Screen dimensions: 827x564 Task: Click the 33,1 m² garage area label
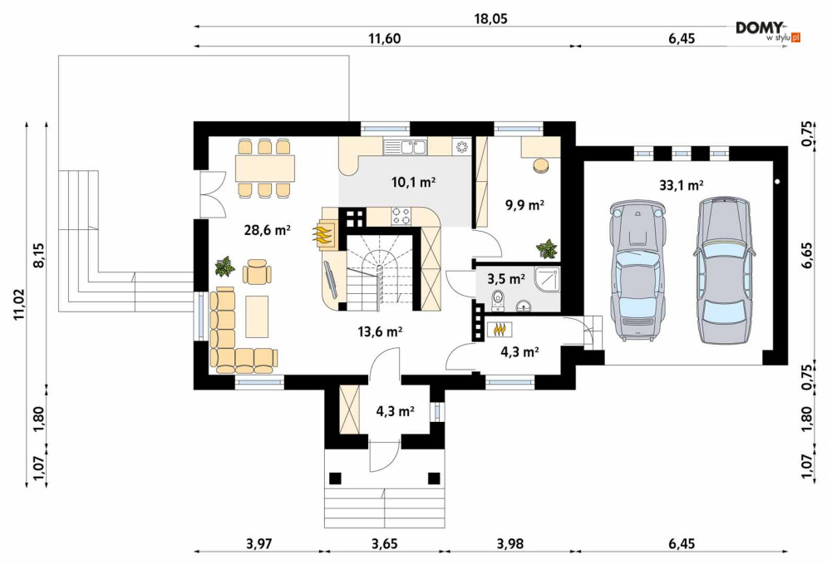682,185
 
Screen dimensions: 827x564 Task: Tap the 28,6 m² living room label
268,229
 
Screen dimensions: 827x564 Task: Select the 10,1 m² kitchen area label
413,183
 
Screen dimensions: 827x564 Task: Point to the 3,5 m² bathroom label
506,278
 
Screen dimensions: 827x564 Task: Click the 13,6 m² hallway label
380,331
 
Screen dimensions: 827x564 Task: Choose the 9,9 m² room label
524,205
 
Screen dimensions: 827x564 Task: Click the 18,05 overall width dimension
490,19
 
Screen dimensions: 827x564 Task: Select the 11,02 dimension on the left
18,305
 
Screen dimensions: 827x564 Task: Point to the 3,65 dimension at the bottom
383,543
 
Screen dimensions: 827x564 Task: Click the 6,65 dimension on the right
808,256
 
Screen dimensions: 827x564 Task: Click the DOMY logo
768,31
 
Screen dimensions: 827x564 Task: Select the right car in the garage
722,270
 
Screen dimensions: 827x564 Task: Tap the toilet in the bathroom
497,299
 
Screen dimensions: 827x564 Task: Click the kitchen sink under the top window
405,146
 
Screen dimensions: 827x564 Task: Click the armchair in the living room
258,272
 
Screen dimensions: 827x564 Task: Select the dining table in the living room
265,168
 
